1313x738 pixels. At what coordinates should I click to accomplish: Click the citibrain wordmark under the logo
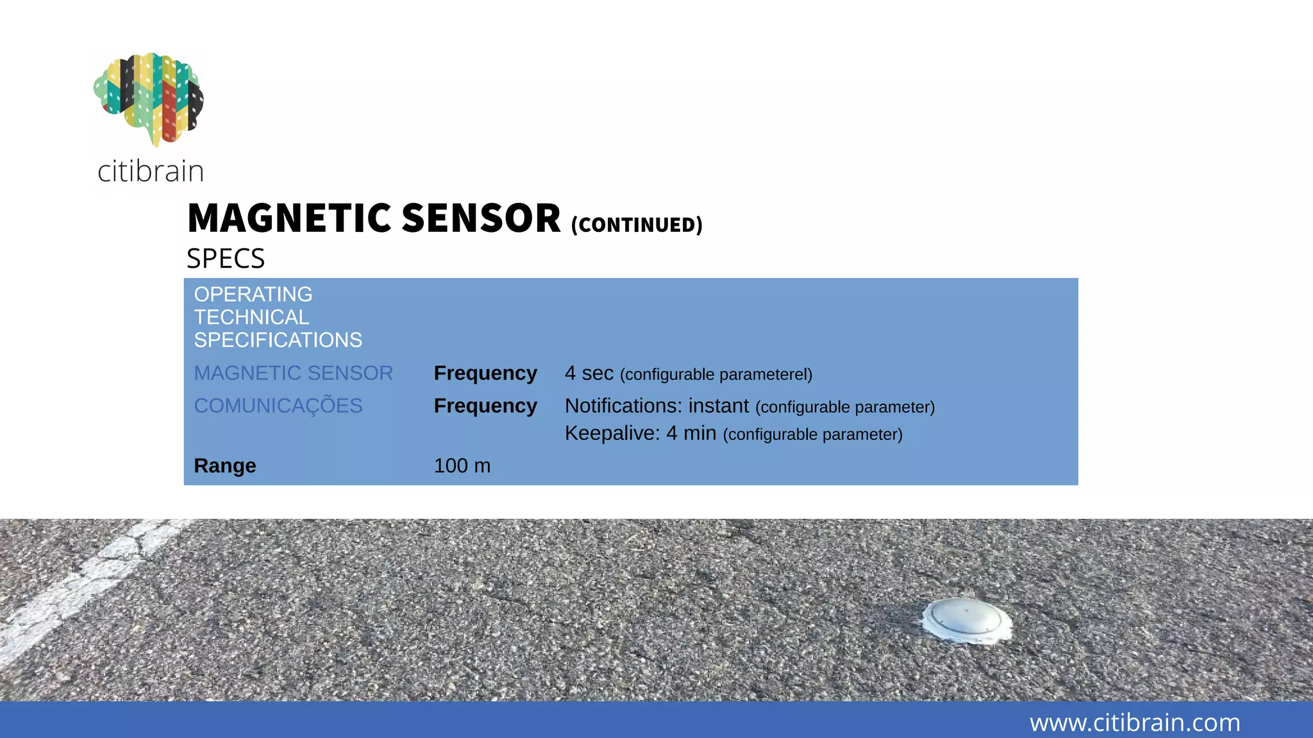point(151,171)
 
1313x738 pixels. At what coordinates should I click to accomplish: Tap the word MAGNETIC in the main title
point(289,218)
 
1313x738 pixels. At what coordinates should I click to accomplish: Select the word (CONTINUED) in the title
point(637,225)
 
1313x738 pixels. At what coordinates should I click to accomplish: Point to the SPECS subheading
point(226,259)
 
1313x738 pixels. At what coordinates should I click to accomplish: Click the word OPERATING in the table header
point(253,295)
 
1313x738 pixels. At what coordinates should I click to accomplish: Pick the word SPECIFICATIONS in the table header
point(278,340)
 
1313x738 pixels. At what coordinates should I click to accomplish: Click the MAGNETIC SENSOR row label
point(293,373)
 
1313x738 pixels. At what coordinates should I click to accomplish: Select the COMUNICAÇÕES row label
point(278,406)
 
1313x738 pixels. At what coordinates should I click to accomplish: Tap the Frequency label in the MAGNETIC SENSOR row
point(485,373)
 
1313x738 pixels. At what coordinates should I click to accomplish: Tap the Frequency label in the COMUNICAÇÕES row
point(485,406)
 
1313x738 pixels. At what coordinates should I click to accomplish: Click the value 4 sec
point(589,373)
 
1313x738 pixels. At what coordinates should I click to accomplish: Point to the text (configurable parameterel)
point(716,375)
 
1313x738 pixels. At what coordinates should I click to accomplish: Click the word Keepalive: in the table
point(612,434)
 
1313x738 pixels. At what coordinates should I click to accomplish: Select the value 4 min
point(691,434)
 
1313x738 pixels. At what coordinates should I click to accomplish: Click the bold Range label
point(225,466)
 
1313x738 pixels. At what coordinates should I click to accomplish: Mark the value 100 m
point(462,466)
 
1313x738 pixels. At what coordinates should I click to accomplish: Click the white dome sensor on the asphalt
point(966,619)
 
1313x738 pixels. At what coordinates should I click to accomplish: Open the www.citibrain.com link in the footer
point(1135,723)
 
